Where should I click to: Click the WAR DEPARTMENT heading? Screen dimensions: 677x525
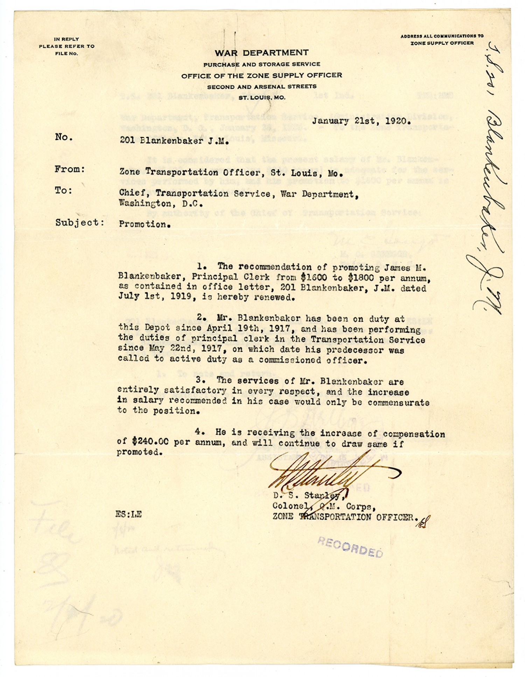(261, 53)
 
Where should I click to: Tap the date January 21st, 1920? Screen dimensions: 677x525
(361, 121)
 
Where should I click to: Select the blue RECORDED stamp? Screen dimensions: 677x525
(350, 547)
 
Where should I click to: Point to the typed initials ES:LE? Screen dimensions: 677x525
(129, 514)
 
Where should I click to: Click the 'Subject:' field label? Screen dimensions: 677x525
(79, 223)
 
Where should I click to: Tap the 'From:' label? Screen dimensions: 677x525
(70, 169)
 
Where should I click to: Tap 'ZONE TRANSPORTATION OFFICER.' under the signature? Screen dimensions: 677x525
(345, 517)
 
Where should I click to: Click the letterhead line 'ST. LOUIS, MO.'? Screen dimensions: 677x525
(262, 98)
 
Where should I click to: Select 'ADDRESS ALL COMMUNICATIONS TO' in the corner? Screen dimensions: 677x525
(442, 36)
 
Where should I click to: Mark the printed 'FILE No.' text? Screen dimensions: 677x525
(66, 54)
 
